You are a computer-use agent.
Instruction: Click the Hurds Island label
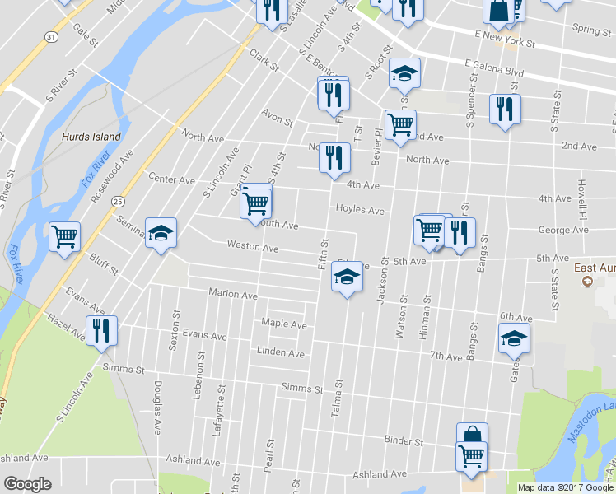(x=91, y=137)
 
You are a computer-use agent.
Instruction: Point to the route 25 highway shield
(x=119, y=200)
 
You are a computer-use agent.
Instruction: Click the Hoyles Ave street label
(x=360, y=211)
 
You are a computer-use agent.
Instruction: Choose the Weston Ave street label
(x=253, y=246)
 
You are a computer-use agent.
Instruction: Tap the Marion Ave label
(x=233, y=294)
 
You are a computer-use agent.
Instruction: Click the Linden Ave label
(x=281, y=354)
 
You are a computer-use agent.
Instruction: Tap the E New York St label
(x=505, y=40)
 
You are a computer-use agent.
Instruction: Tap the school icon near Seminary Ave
(x=161, y=232)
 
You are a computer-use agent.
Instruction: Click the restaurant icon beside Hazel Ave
(x=101, y=330)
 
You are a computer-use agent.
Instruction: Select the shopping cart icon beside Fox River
(x=64, y=236)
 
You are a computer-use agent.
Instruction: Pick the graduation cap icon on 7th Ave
(x=515, y=338)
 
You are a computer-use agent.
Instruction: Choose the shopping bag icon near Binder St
(x=473, y=435)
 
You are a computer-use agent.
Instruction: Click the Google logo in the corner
(x=28, y=484)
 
